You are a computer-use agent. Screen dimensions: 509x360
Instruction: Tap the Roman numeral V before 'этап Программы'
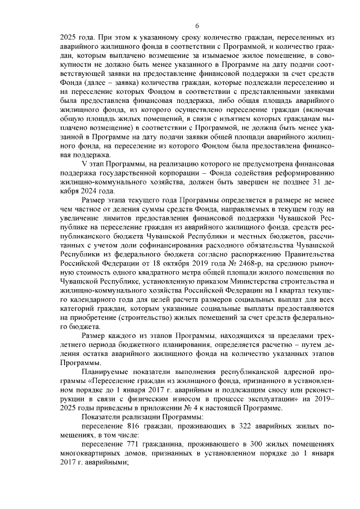85,163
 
